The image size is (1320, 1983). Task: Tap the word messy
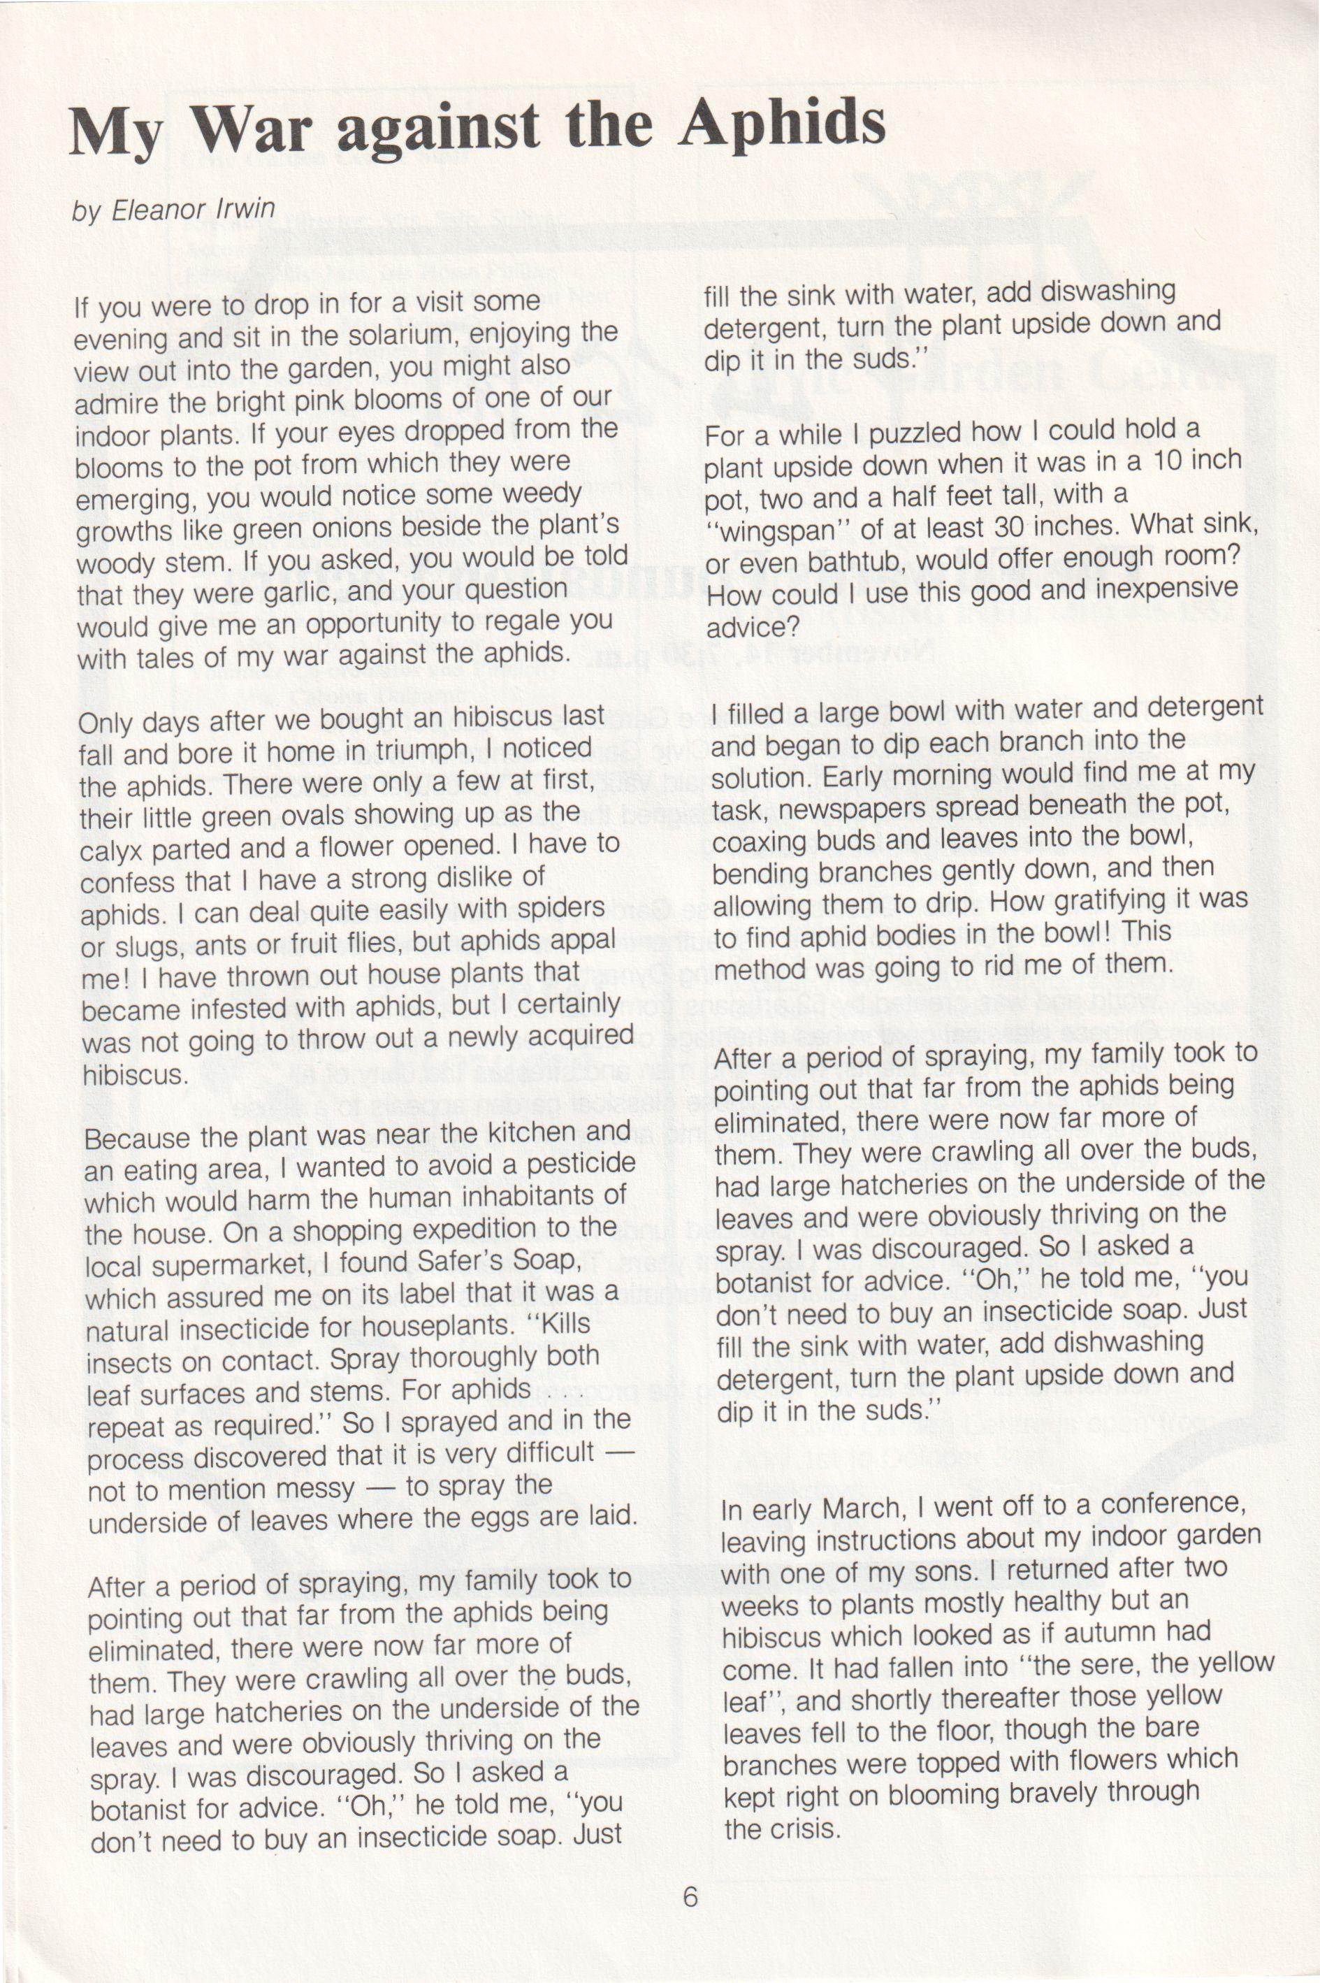317,1490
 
